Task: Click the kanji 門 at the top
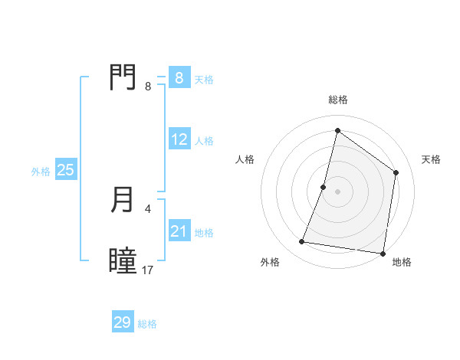pos(123,77)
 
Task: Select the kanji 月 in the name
pos(123,201)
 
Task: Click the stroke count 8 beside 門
pos(148,87)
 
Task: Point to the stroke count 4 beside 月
pos(148,208)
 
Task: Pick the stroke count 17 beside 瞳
pos(148,270)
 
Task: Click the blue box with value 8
pos(179,77)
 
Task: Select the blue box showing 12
pos(179,140)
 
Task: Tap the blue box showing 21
pos(179,232)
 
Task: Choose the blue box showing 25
pos(65,171)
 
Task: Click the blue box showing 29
pos(122,322)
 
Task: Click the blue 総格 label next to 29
pos(147,324)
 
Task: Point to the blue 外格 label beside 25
pos(41,172)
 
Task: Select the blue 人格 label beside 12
pos(204,141)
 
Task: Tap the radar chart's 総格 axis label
pos(337,100)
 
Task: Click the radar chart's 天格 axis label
pos(431,159)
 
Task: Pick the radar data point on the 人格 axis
pos(324,187)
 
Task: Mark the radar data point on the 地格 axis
pos(382,253)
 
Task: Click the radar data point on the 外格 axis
pos(302,242)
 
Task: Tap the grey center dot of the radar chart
pos(337,191)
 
